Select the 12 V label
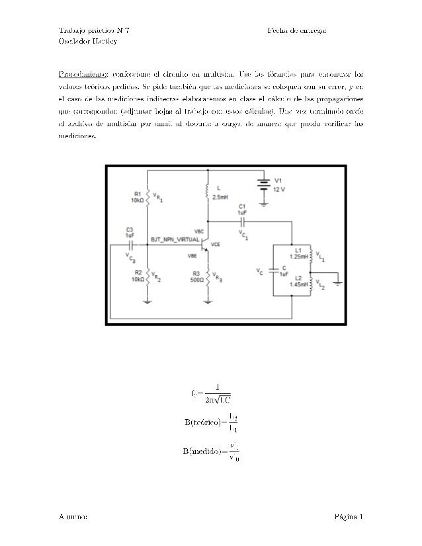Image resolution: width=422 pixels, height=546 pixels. tap(279, 189)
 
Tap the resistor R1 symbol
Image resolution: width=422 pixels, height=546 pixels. tap(147, 196)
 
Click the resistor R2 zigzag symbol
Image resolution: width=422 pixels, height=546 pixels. tap(147, 276)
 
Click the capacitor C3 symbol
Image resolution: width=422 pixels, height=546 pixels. tap(132, 243)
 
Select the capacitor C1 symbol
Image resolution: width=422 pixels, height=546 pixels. tap(243, 221)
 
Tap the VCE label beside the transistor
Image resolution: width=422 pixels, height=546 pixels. tap(215, 244)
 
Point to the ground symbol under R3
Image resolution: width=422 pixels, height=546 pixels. tap(208, 301)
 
